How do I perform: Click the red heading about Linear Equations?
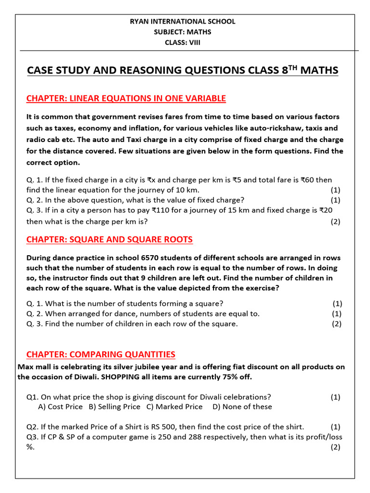[126, 99]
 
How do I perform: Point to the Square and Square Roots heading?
[109, 239]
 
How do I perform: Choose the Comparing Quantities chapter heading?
[101, 355]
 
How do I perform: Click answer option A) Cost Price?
[60, 407]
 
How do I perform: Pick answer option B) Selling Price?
[114, 407]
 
